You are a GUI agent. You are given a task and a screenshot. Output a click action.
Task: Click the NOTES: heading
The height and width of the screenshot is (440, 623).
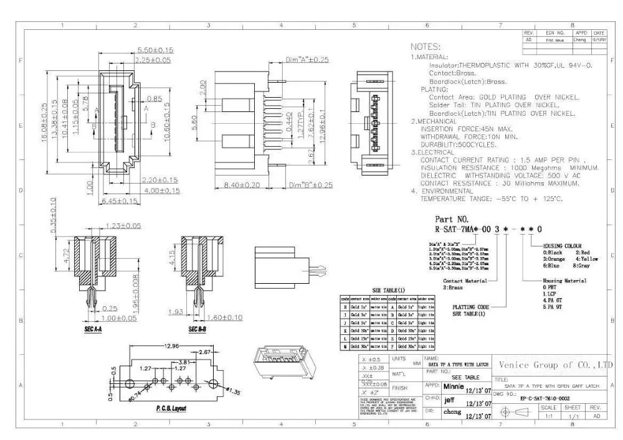(426, 47)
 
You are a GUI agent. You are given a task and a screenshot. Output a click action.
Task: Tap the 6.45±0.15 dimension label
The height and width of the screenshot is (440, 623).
(119, 201)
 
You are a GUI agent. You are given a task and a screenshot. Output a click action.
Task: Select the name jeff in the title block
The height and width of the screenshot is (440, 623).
(453, 399)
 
